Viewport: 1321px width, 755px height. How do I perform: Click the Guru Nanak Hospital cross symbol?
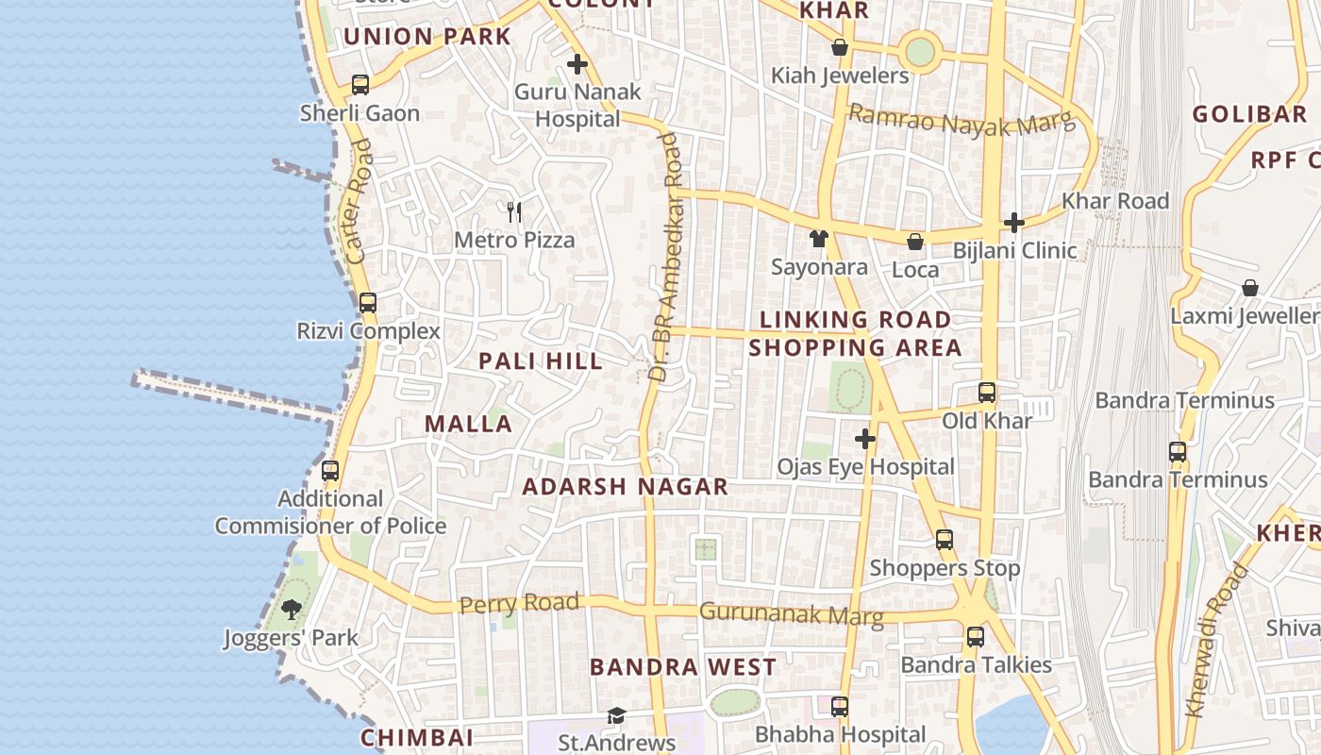[x=577, y=65]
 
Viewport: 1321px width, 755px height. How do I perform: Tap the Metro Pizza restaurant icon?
[x=514, y=211]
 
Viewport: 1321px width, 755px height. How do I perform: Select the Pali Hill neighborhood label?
[x=540, y=361]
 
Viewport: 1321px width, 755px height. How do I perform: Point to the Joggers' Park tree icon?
[x=292, y=610]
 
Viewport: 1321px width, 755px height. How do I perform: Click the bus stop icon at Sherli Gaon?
[x=360, y=85]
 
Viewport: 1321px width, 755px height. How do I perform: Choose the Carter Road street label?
[x=359, y=201]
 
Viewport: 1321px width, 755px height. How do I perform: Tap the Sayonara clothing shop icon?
[x=819, y=239]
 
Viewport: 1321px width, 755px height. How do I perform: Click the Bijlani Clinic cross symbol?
[x=1014, y=223]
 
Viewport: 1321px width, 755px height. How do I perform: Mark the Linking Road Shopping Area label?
[x=855, y=333]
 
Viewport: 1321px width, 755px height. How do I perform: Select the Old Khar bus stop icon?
[x=987, y=393]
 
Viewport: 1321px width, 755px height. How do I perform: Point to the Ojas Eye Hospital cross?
[x=865, y=439]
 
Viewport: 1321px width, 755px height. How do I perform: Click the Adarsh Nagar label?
[x=625, y=487]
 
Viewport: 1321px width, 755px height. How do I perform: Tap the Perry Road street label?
[x=519, y=603]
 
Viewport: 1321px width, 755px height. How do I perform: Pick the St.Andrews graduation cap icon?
[x=616, y=716]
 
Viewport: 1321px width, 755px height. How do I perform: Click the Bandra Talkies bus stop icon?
[x=976, y=637]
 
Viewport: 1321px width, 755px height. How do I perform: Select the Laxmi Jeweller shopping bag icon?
[x=1250, y=288]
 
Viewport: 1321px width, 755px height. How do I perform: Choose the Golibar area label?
[x=1249, y=115]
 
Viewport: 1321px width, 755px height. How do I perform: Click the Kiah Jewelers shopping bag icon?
[x=840, y=47]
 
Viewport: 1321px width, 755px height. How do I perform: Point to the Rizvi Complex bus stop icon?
[x=368, y=303]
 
